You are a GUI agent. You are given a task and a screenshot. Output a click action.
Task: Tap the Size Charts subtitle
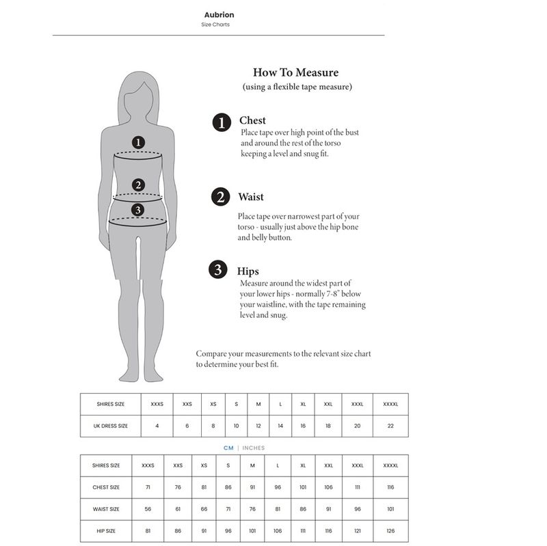coord(215,25)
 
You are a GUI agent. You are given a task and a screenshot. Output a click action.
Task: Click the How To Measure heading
coord(295,72)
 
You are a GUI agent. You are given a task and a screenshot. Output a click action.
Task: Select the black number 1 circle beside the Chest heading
coord(222,122)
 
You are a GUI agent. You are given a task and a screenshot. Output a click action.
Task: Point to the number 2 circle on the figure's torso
coord(138,185)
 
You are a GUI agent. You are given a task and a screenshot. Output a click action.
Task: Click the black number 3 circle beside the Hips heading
coord(217,269)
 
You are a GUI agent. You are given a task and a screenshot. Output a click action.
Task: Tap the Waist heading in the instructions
coord(250,197)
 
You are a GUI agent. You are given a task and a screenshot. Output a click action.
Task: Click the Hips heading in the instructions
coord(248,271)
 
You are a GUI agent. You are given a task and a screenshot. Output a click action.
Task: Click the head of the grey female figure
coord(139,96)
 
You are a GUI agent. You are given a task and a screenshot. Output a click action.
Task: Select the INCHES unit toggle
coord(253,448)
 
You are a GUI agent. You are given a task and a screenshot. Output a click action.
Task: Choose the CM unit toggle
coord(228,448)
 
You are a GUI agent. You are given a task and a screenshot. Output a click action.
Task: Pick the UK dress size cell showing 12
coord(258,426)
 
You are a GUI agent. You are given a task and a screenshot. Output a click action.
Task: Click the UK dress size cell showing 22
coord(390,426)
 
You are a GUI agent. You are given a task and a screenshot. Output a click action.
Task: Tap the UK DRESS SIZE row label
coord(111,426)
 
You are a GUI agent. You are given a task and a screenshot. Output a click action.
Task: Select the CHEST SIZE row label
coord(106,487)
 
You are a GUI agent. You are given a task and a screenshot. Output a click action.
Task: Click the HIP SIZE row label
coord(106,530)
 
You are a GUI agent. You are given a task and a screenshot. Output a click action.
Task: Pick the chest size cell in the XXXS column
coord(148,487)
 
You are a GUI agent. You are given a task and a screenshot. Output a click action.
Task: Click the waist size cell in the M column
coord(252,509)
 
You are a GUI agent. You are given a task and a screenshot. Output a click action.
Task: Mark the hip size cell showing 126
coord(390,530)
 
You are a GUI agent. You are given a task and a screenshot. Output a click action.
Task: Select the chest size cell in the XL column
coord(303,487)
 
